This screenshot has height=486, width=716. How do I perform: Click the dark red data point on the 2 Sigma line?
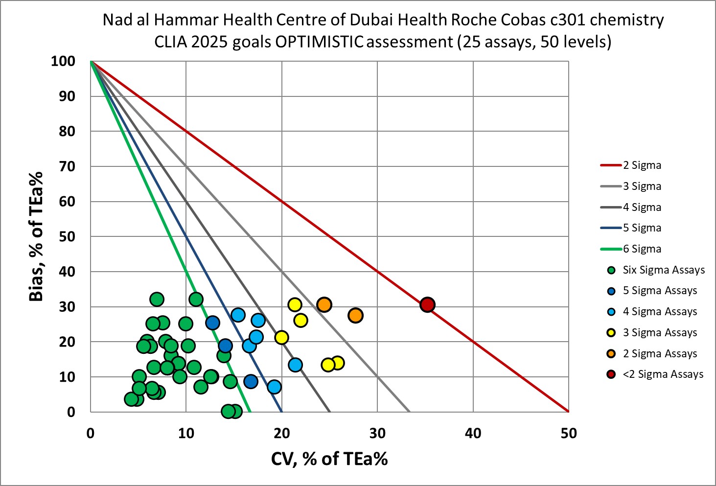[427, 304]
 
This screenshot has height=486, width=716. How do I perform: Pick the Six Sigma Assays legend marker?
[611, 270]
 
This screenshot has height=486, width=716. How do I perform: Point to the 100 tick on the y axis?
[63, 61]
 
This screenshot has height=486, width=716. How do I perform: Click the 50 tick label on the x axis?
[569, 433]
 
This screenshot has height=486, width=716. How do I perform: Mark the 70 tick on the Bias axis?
[67, 166]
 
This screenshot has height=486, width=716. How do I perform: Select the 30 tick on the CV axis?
[377, 433]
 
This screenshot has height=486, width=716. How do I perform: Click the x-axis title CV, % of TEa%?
[329, 459]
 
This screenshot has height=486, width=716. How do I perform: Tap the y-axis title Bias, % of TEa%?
[36, 236]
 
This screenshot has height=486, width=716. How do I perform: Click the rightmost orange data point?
[355, 316]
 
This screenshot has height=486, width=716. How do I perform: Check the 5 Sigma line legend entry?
[642, 228]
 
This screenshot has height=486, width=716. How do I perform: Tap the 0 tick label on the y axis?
[71, 412]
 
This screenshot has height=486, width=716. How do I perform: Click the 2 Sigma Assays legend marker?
[611, 354]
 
